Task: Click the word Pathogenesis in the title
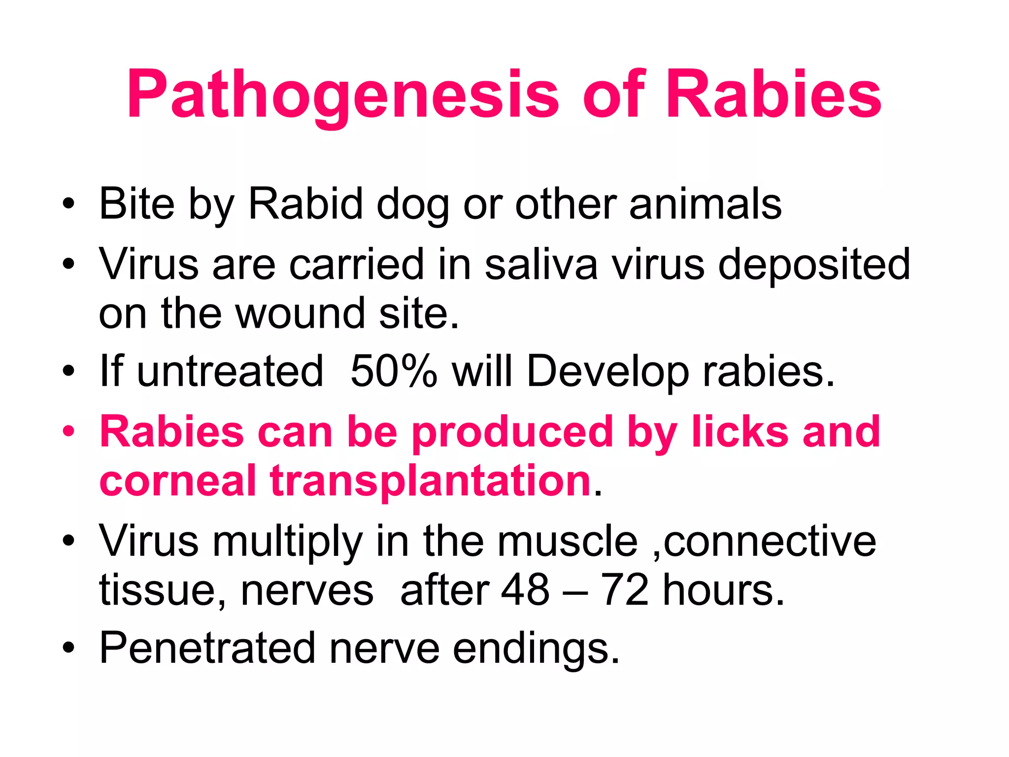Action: click(x=342, y=95)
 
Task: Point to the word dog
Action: click(x=413, y=205)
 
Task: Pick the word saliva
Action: click(x=541, y=265)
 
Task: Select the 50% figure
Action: click(x=394, y=371)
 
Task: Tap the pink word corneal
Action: click(x=178, y=480)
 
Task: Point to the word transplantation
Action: click(x=430, y=481)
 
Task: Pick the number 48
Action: click(x=525, y=590)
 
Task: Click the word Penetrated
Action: click(x=207, y=648)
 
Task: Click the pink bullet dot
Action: click(x=69, y=432)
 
